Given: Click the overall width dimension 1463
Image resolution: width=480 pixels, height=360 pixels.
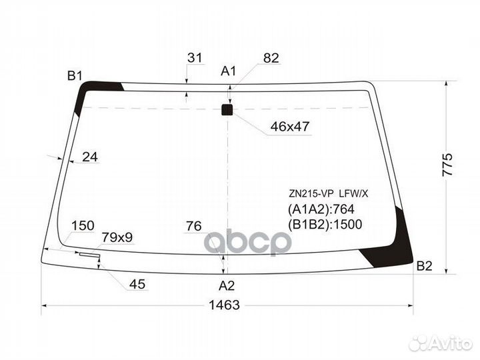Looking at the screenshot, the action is [x=224, y=305].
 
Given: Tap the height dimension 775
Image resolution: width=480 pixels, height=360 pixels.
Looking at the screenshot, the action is [x=447, y=165].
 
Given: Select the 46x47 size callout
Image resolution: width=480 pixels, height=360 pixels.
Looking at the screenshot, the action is [x=290, y=126].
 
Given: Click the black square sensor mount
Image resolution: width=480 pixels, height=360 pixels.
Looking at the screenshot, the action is [x=227, y=110].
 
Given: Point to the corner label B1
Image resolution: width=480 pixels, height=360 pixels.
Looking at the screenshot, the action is [x=75, y=75].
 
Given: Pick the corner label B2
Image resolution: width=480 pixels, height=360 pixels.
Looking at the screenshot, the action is [x=424, y=266].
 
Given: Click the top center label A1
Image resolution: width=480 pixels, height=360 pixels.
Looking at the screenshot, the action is [x=229, y=71].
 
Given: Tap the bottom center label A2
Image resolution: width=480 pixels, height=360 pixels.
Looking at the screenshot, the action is [x=227, y=285].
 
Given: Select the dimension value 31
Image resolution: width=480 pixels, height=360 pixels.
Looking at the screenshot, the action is [x=195, y=57].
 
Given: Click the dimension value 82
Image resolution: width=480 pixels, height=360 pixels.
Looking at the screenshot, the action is [x=271, y=58].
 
